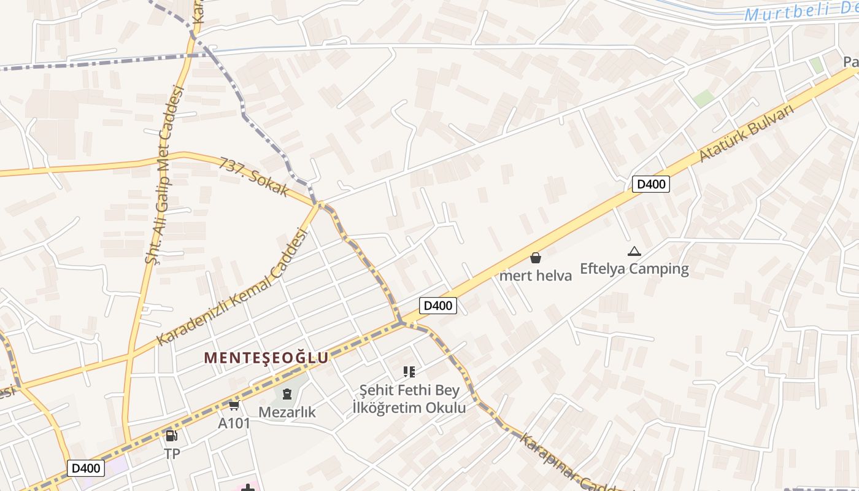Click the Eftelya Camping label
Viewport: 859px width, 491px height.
(634, 269)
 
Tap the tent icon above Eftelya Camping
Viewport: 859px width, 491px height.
(634, 251)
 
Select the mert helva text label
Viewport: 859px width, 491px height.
(536, 276)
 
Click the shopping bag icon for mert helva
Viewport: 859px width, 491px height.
(536, 258)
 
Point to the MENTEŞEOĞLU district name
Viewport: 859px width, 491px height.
(266, 358)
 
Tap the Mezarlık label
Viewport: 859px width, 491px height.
(287, 412)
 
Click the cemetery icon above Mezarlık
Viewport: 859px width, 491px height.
(287, 394)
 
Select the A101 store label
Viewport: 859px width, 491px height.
(234, 423)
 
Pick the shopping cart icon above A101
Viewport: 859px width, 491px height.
(234, 405)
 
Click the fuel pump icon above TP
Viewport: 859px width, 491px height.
(172, 436)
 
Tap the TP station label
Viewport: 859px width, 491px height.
(172, 454)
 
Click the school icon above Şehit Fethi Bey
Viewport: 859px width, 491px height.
(409, 371)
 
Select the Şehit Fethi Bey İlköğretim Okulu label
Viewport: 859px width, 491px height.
(409, 398)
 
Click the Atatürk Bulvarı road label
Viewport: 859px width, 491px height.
(746, 133)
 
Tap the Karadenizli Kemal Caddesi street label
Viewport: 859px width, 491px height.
(231, 287)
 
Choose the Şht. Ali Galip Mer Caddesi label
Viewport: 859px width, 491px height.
(164, 175)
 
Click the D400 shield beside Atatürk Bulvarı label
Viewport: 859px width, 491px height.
(651, 184)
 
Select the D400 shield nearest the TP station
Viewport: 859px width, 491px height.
(86, 468)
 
